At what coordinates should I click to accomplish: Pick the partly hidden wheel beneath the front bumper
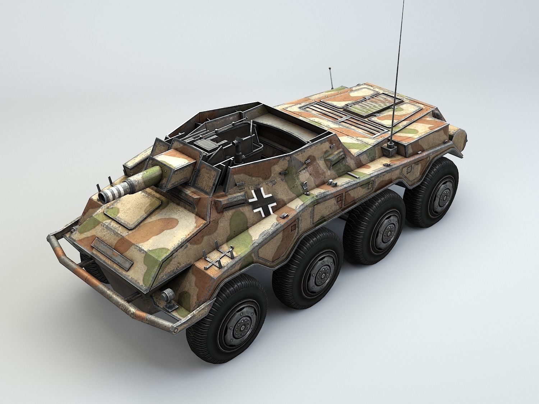(90, 266)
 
